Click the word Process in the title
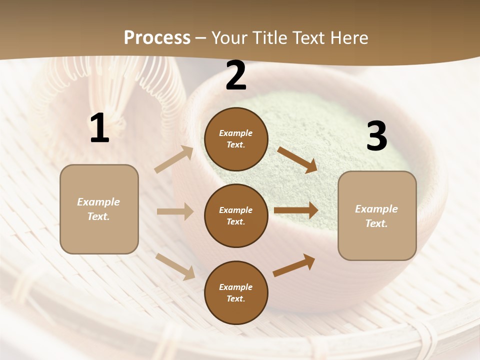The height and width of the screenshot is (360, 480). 157,38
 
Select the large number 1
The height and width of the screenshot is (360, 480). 99,128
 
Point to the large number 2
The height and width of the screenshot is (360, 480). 236,76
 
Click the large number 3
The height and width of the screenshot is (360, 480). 376,136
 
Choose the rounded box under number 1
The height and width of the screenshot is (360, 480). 99,209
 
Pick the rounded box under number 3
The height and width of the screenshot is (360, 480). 377,216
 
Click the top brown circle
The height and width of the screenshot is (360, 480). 236,139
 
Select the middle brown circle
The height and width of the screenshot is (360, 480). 236,215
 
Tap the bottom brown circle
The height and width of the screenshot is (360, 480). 236,292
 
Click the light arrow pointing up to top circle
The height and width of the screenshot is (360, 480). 174,159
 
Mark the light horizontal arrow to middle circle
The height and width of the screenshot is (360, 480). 175,211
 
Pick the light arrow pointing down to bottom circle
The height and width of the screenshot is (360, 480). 175,266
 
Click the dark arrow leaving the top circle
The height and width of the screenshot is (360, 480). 297,159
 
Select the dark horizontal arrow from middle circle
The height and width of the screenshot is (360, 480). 296,210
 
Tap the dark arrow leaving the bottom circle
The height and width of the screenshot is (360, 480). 294,265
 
